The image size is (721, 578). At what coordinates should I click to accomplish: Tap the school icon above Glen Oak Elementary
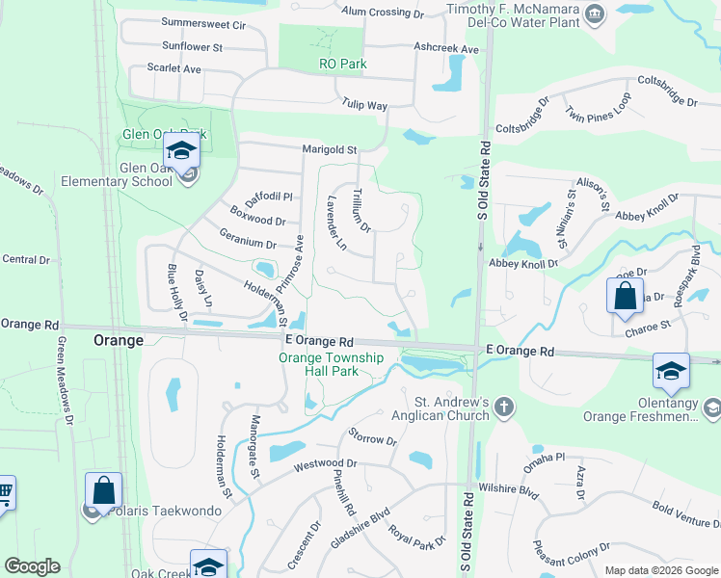(180, 151)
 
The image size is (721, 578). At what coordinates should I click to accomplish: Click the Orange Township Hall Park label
(332, 365)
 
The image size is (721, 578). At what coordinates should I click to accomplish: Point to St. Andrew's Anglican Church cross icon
(503, 408)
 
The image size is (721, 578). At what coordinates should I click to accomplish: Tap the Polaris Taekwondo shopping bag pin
(103, 490)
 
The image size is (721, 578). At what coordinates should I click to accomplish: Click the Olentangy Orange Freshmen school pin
(671, 371)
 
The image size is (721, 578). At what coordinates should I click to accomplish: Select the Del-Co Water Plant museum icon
(595, 13)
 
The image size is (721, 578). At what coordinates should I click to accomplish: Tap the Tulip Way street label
(363, 105)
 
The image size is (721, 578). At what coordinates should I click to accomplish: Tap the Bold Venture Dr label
(685, 514)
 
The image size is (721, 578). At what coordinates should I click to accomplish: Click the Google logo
(32, 566)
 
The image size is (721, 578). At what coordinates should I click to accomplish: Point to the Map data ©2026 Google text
(661, 570)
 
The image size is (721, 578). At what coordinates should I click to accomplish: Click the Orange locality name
(118, 340)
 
